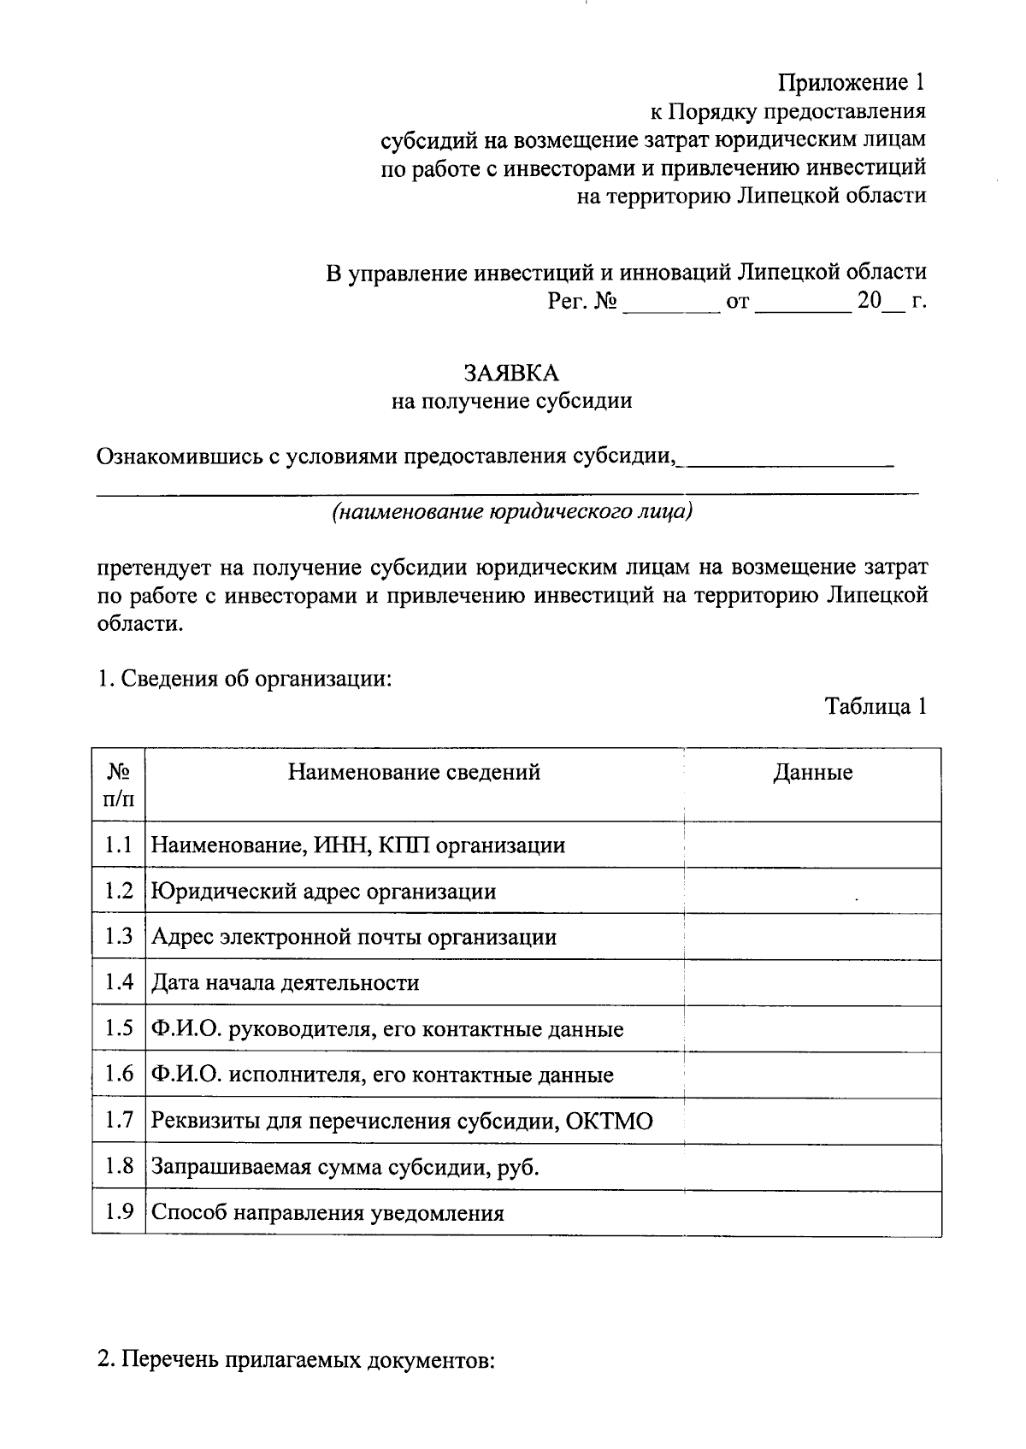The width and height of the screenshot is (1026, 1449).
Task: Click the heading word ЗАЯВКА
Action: click(511, 374)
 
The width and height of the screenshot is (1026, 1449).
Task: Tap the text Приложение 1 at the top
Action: click(851, 83)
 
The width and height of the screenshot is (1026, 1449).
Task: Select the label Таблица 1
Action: click(875, 707)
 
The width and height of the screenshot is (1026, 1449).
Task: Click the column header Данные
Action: click(812, 773)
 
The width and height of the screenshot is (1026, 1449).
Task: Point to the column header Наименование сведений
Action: click(414, 773)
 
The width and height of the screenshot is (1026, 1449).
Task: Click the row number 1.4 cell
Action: click(119, 982)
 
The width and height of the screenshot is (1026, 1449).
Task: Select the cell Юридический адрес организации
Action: click(323, 892)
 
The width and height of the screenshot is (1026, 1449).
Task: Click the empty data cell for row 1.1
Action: click(812, 845)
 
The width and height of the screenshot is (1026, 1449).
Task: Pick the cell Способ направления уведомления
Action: click(327, 1213)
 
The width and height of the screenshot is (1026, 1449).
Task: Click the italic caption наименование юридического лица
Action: click(511, 512)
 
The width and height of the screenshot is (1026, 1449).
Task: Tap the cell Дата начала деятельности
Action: click(285, 983)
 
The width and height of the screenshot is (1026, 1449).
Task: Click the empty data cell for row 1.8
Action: click(812, 1167)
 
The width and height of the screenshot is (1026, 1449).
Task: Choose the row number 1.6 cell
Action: click(119, 1075)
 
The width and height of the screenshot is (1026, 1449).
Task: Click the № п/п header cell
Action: click(119, 785)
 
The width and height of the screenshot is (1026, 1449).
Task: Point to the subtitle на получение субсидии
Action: click(511, 401)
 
